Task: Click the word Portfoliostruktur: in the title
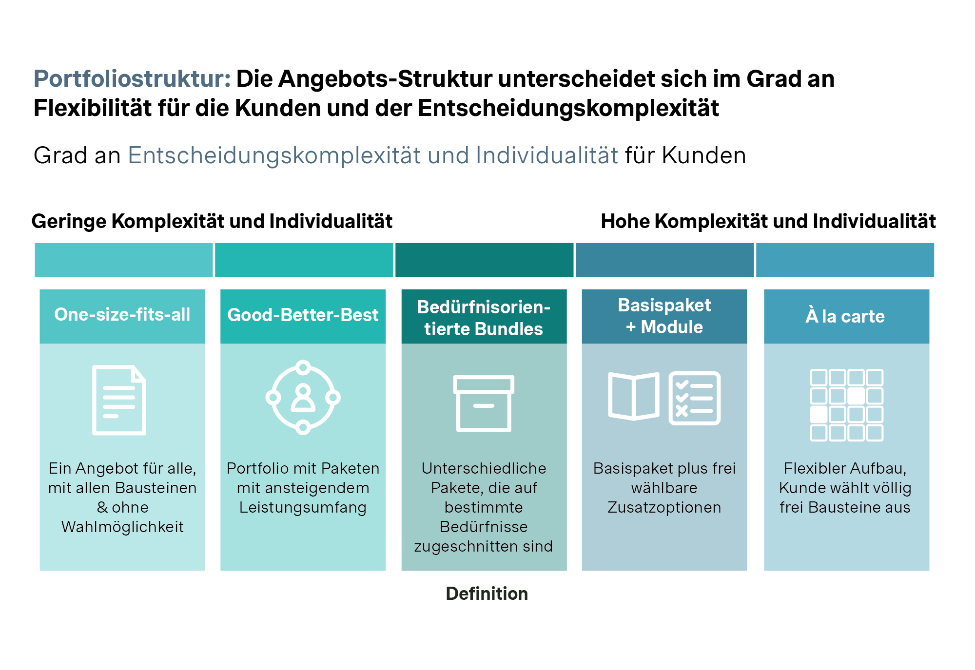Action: coord(132,79)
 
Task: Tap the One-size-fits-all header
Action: coord(122,315)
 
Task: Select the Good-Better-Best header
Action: coord(303,315)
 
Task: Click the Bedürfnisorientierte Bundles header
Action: coord(484,318)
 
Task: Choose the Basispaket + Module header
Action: coord(664,316)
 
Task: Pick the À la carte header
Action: coord(845,316)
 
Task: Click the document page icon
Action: coord(119,400)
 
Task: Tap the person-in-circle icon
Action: coord(303,398)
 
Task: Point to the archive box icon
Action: coord(484,403)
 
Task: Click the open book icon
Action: coord(634,396)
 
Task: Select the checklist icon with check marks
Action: coord(695,398)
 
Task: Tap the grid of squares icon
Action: coord(847,405)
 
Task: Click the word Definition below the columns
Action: coord(487,593)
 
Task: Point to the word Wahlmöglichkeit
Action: coord(122,527)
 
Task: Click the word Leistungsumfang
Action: coord(303,507)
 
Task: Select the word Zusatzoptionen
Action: coord(664,507)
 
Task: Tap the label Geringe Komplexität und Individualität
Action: coord(212,221)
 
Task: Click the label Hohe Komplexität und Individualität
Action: coord(768,221)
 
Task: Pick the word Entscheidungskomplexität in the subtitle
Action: coord(274,156)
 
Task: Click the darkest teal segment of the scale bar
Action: coord(484,260)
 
